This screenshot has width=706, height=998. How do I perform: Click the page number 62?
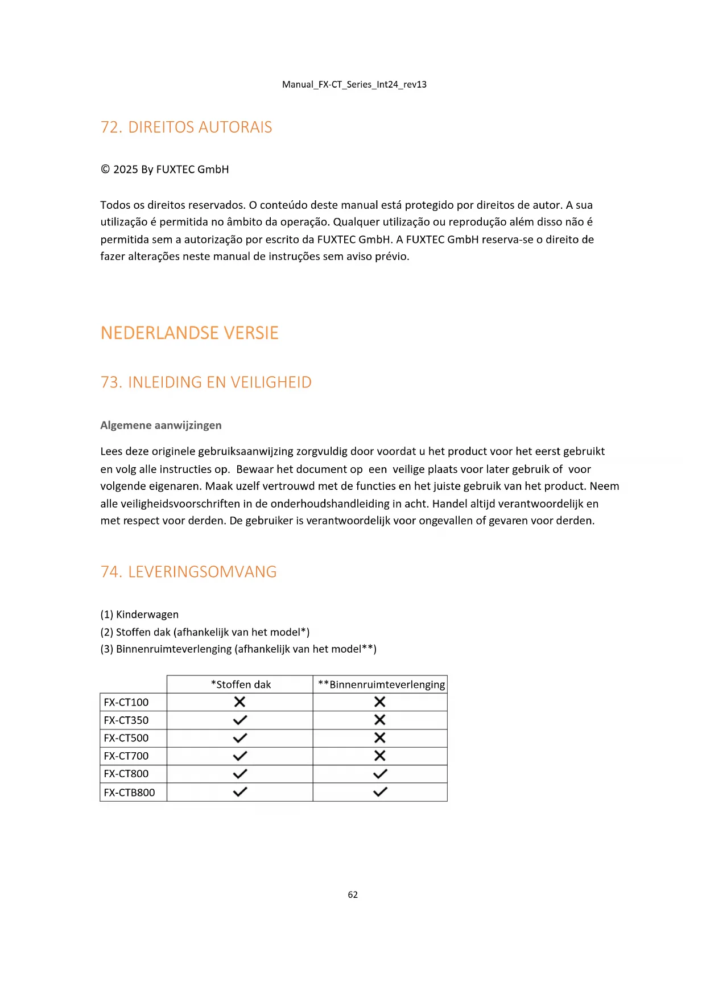(x=353, y=894)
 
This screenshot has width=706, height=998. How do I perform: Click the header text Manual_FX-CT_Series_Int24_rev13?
(x=354, y=84)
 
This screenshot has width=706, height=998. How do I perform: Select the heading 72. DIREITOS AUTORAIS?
(x=186, y=127)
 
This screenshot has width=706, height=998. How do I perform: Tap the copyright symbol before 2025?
(x=105, y=169)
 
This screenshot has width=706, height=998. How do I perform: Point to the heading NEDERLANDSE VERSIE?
(x=189, y=333)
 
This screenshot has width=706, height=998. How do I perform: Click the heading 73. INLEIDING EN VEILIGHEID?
(x=206, y=382)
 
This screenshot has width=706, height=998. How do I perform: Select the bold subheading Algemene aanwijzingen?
(x=161, y=425)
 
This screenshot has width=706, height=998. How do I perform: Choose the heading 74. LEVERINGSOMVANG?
(x=188, y=572)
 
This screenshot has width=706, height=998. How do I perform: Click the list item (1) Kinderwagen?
(x=139, y=615)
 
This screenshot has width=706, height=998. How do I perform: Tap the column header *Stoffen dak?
(x=241, y=684)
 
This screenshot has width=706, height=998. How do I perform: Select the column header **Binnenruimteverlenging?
(x=381, y=684)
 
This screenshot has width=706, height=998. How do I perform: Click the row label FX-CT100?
(x=126, y=702)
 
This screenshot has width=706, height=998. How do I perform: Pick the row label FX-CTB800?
(x=129, y=792)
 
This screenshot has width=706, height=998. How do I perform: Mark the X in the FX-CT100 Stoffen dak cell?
(x=240, y=702)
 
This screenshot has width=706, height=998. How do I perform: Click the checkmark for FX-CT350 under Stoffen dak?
(x=240, y=720)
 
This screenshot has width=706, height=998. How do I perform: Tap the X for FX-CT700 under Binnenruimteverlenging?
(x=379, y=756)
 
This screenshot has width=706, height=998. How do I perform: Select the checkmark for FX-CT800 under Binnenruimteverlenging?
(x=380, y=774)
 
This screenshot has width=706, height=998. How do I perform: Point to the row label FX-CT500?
(x=126, y=738)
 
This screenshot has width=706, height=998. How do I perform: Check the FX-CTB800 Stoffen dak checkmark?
(x=240, y=791)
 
